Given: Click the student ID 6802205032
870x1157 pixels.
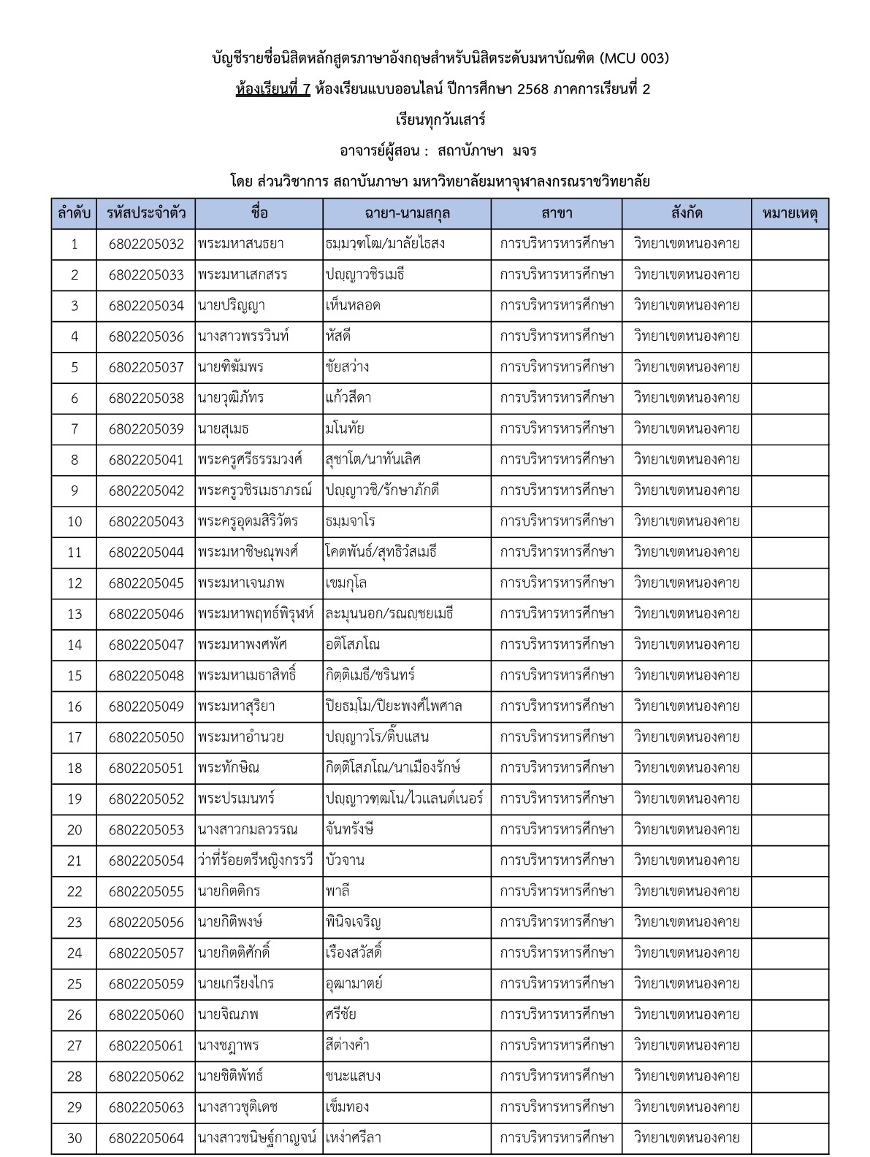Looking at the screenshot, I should [146, 244].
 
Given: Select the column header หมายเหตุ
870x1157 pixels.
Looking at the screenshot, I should [790, 213].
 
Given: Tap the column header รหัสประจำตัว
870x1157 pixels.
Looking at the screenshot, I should [146, 213].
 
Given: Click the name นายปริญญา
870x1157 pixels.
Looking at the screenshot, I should [231, 305].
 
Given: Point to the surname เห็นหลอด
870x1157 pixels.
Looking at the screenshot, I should [353, 305].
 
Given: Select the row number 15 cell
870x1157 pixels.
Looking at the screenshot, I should [74, 675].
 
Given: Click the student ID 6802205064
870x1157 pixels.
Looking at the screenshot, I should [146, 1137].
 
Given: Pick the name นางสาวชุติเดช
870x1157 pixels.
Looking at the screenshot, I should [237, 1107].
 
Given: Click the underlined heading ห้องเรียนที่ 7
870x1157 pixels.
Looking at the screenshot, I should [273, 89].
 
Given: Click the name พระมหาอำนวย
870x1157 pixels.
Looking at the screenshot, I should [240, 737].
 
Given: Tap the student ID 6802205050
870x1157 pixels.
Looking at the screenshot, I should [146, 737].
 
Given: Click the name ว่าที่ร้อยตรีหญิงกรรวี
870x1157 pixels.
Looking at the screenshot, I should [255, 860].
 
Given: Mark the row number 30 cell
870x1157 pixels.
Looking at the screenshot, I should [74, 1137].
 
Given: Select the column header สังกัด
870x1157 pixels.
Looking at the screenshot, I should [686, 213].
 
